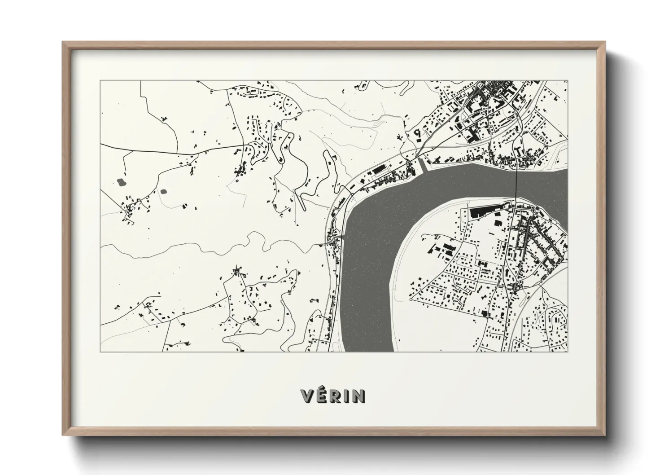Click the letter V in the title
307,396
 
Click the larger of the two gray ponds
121,182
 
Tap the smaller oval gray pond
162,192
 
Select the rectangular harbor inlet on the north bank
421,166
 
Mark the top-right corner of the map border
568,80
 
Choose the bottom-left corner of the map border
100,352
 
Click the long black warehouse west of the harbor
380,169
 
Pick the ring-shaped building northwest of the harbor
417,133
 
